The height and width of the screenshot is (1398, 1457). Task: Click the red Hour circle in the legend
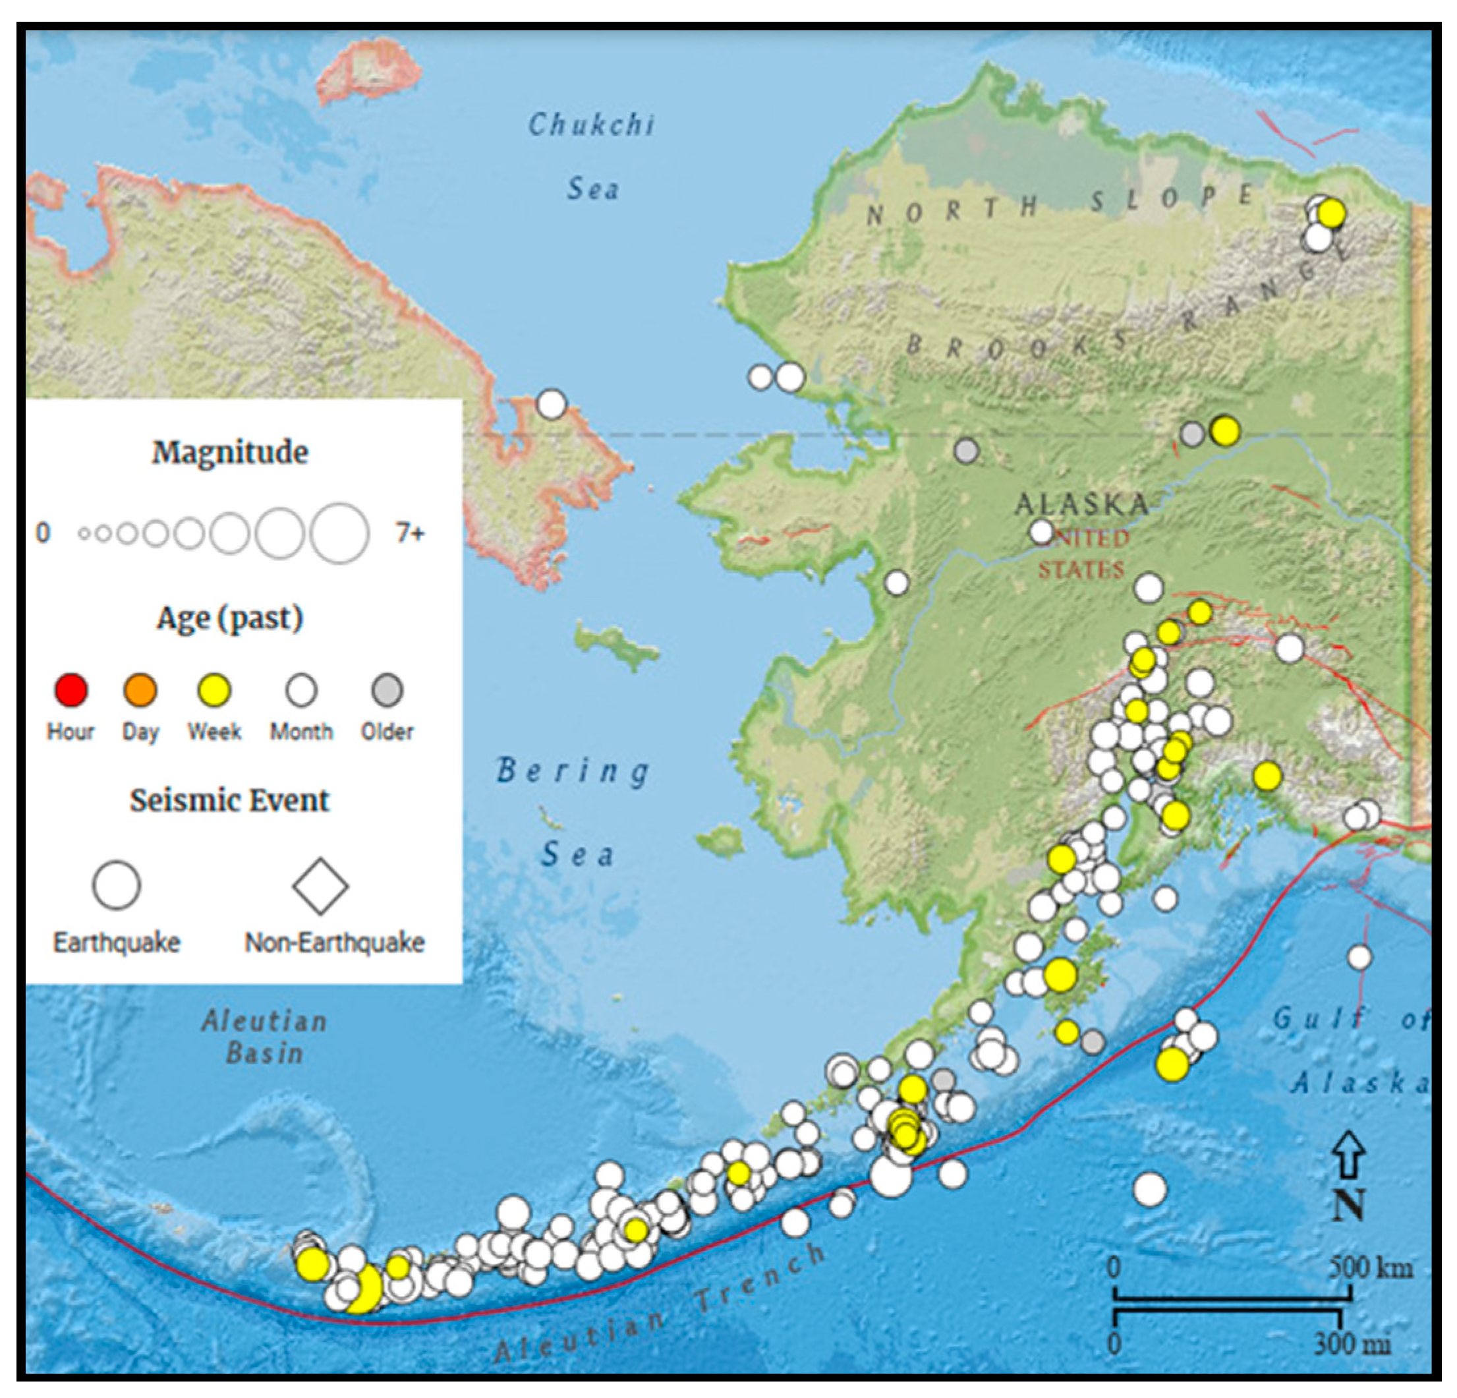(71, 689)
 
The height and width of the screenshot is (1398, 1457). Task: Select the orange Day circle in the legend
(140, 689)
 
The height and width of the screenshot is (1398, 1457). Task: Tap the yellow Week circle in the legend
(214, 690)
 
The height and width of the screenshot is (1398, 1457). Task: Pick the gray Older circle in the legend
(387, 690)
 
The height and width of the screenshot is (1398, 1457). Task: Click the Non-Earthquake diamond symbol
(320, 886)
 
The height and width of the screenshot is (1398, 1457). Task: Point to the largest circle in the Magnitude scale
(340, 533)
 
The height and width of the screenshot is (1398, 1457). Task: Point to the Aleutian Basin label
(265, 1037)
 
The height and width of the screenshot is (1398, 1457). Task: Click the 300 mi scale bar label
(1352, 1344)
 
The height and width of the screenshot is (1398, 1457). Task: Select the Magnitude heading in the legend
(230, 452)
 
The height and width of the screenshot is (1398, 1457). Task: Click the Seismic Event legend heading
(230, 800)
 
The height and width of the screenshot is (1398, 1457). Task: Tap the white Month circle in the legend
(301, 690)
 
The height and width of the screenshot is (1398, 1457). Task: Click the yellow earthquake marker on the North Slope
(1331, 214)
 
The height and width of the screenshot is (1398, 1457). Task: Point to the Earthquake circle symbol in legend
(117, 886)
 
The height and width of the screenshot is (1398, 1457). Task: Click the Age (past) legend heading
(230, 618)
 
